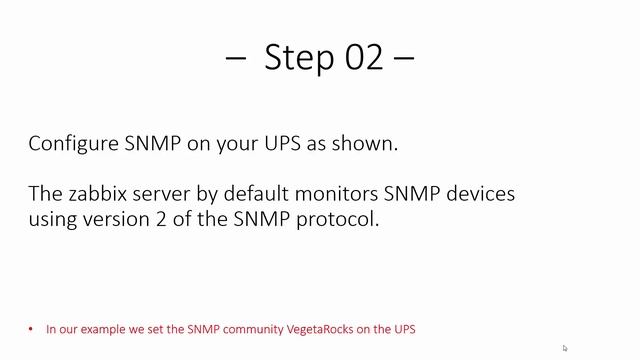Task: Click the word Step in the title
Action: click(296, 58)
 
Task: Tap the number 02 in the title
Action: click(362, 58)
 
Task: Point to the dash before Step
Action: click(237, 60)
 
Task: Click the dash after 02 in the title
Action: click(404, 60)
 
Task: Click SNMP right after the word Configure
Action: click(150, 143)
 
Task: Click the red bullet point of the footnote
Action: click(32, 328)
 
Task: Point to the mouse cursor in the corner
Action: click(565, 348)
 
